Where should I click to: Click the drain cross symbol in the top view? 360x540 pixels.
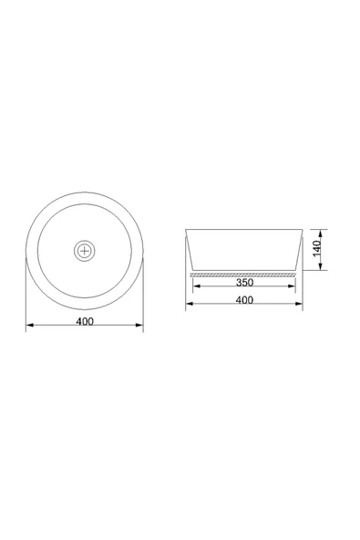tap(85, 251)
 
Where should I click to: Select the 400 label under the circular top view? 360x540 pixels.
tap(85, 321)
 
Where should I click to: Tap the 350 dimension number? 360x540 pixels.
tap(244, 283)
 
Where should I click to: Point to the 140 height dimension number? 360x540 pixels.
tap(316, 249)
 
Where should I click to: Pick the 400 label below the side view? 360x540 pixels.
tap(244, 300)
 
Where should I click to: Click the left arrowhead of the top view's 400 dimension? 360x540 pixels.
tap(29, 325)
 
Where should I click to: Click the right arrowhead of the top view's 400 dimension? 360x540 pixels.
tap(139, 325)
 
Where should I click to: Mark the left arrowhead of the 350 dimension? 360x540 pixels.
tap(197, 286)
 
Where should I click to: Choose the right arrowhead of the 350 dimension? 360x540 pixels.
tap(292, 286)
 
